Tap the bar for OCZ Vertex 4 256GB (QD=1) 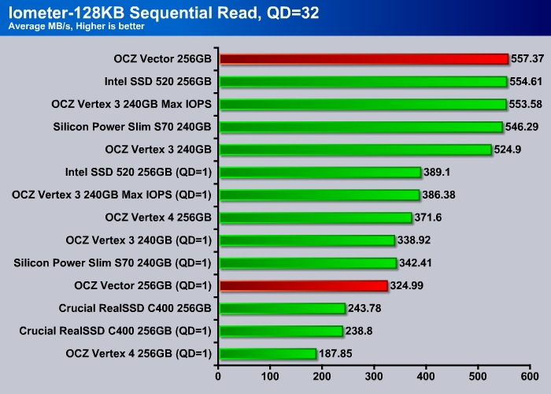[x=268, y=354]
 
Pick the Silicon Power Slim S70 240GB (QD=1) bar [x=308, y=262]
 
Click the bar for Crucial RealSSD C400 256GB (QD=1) [x=281, y=331]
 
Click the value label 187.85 [x=336, y=354]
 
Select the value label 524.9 [x=508, y=149]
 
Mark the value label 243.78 [x=366, y=308]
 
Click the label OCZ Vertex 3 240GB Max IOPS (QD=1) [x=112, y=195]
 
